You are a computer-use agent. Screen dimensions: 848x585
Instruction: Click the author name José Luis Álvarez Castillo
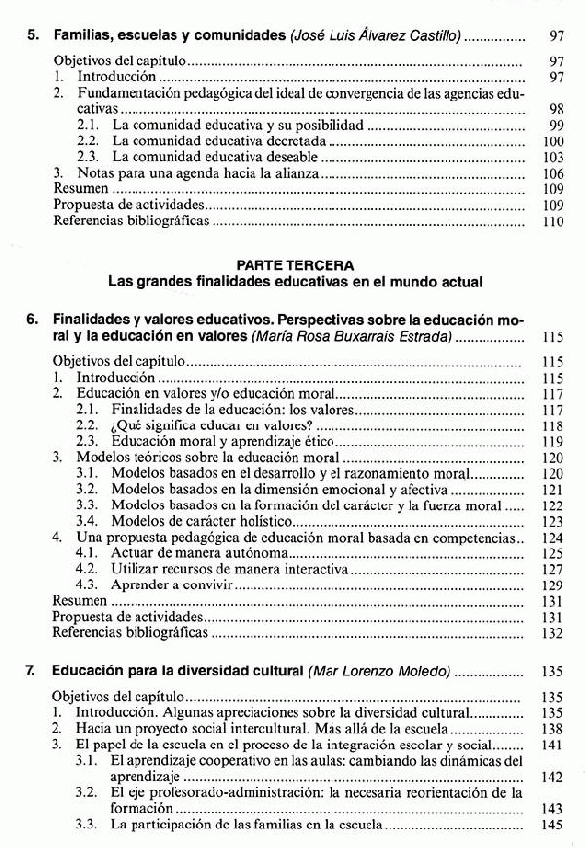[x=376, y=36]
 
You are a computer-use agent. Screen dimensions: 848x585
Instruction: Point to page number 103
[x=555, y=156]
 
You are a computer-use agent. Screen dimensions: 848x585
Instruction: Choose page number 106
[x=555, y=173]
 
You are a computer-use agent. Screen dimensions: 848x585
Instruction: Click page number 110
[x=555, y=222]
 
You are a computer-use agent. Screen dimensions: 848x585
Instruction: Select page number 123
[x=555, y=521]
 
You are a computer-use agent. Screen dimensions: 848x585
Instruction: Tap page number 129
[x=555, y=585]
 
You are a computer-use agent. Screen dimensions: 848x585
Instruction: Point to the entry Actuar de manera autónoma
[x=191, y=552]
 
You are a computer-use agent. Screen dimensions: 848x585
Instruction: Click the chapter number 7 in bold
[x=32, y=672]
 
